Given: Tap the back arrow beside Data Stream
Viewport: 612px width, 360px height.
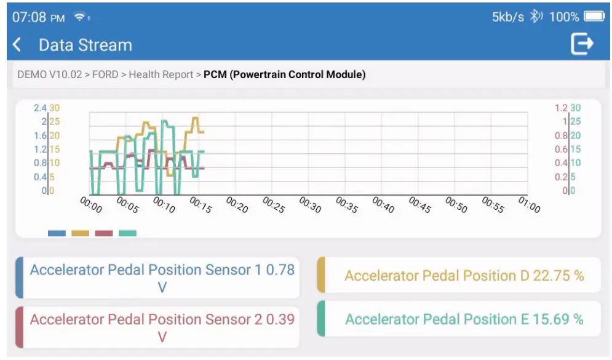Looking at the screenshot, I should pos(17,45).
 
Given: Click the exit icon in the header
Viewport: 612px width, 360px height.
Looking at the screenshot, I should pos(581,44).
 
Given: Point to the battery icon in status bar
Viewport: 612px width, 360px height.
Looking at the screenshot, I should pos(594,17).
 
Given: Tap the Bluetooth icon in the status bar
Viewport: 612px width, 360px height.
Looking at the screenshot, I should pos(536,17).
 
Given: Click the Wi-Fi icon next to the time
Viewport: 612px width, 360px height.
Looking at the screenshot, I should pos(81,17).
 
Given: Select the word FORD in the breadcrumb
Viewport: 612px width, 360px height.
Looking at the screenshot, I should pos(105,75).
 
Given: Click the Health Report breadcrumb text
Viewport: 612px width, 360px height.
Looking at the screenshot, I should pos(161,75).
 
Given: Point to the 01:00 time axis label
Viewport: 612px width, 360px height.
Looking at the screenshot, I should pos(529,206).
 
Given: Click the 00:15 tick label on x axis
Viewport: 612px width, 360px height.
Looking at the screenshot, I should pos(201,206).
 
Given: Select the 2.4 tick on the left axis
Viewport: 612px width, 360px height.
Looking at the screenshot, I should pos(40,108).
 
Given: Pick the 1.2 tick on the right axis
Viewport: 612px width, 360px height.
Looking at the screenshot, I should pos(561,108).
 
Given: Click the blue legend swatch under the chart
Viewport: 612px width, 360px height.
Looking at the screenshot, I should pos(57,233).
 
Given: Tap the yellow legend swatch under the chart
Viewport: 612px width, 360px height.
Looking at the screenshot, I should pos(81,233).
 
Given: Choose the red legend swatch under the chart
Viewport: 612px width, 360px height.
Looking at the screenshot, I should pos(104,233).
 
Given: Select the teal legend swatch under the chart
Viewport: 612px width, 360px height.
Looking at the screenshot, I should pos(127,233).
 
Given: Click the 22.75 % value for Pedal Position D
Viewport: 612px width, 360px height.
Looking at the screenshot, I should pos(558,276).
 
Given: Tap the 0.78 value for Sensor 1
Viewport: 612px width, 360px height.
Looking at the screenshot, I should pos(280,270).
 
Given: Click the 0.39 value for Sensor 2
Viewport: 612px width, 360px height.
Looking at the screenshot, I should pos(280,319).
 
